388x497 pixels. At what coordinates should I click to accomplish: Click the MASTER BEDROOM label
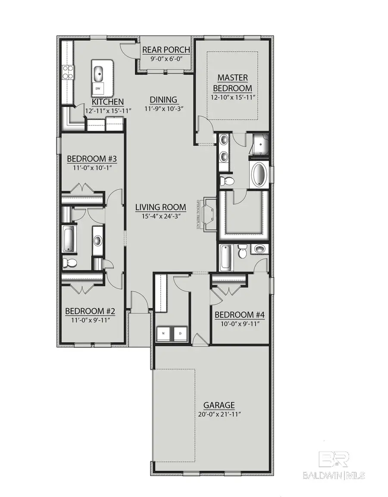click(232, 83)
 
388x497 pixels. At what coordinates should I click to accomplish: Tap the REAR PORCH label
click(166, 50)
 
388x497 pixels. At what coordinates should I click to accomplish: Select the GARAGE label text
click(219, 405)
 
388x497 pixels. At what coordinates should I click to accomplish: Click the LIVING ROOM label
click(161, 207)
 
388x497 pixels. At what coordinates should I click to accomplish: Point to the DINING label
click(163, 100)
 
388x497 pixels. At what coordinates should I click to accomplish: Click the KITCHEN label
click(108, 102)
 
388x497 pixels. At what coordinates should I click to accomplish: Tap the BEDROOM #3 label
click(92, 159)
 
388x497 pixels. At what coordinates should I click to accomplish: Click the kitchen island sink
click(99, 73)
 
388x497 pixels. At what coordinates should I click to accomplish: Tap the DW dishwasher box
click(98, 89)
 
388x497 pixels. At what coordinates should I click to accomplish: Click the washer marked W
click(164, 333)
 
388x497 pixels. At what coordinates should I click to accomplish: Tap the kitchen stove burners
click(68, 72)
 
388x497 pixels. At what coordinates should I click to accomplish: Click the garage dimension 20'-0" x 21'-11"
click(219, 415)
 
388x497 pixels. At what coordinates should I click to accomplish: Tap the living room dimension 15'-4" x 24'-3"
click(161, 217)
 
